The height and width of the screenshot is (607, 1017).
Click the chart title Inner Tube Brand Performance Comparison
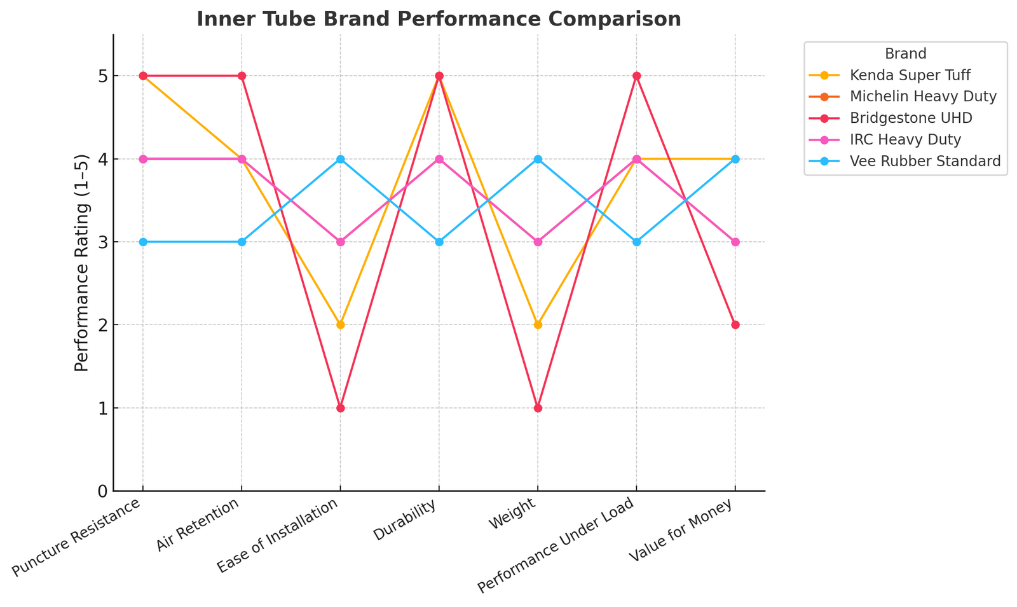[439, 19]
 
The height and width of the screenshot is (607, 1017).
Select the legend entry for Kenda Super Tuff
[910, 75]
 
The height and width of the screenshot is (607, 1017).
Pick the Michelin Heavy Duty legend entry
[923, 97]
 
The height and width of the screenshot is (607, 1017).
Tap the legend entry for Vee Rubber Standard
[925, 161]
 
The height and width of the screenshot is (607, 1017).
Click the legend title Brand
[905, 53]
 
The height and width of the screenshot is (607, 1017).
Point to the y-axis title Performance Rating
[81, 263]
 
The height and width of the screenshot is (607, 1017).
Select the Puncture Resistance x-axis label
[76, 538]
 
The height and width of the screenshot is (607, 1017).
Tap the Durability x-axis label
[406, 520]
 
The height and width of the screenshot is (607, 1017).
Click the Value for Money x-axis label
[680, 530]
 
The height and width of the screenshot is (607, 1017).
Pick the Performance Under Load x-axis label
[556, 545]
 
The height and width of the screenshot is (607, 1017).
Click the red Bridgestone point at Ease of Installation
[340, 408]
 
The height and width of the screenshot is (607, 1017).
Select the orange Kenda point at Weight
[538, 324]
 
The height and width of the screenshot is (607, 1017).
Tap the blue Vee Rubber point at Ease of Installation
[340, 159]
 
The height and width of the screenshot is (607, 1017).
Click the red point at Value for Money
[735, 324]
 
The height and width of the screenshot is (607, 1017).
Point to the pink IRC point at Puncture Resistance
[143, 159]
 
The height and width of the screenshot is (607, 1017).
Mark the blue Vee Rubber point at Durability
[439, 242]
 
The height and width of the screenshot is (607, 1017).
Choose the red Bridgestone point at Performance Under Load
[636, 76]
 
